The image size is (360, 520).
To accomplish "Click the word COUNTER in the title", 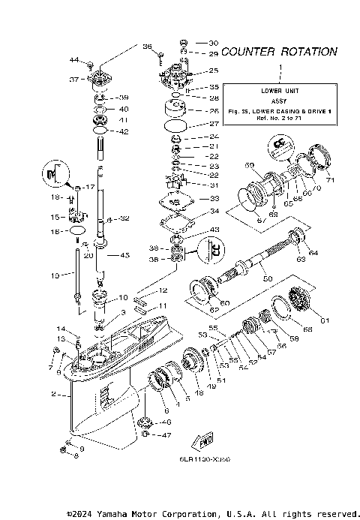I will click(x=248, y=52).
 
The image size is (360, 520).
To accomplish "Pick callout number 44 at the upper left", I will click(x=74, y=59).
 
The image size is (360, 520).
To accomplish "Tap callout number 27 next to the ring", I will click(x=192, y=124).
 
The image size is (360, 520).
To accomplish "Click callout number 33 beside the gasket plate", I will click(x=193, y=199).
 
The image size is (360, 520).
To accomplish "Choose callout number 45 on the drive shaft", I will click(x=124, y=255).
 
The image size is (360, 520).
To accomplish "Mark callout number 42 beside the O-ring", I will click(x=124, y=131).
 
